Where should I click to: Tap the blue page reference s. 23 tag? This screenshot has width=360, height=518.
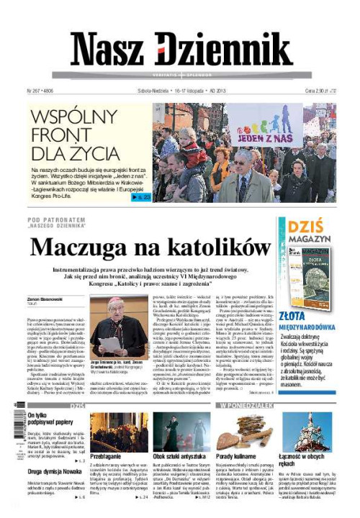140,196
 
